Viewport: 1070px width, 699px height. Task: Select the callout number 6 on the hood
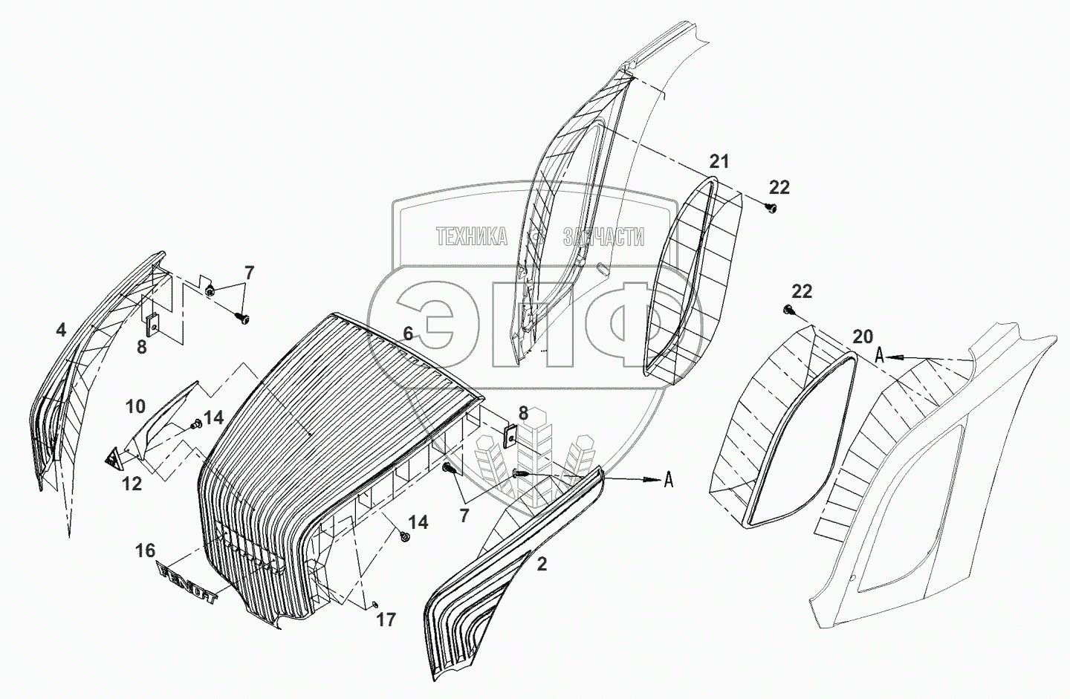[408, 335]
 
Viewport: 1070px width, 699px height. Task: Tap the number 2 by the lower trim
[542, 565]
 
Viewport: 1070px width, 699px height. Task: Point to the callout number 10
[135, 406]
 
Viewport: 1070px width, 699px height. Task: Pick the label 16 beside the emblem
[146, 550]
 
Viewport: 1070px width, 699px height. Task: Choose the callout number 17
[386, 619]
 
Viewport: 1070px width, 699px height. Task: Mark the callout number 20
[863, 337]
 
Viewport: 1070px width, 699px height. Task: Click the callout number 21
[719, 161]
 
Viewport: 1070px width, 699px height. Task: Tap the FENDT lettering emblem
[187, 584]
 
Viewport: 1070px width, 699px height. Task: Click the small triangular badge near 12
[114, 459]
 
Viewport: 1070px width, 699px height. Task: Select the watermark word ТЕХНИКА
[471, 236]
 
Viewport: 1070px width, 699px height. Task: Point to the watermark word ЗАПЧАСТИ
[603, 236]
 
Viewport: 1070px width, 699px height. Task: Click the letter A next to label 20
[880, 356]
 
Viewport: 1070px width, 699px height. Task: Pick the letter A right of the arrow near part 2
[668, 481]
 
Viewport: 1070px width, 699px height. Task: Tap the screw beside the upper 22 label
[771, 209]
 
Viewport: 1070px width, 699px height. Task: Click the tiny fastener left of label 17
[374, 602]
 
